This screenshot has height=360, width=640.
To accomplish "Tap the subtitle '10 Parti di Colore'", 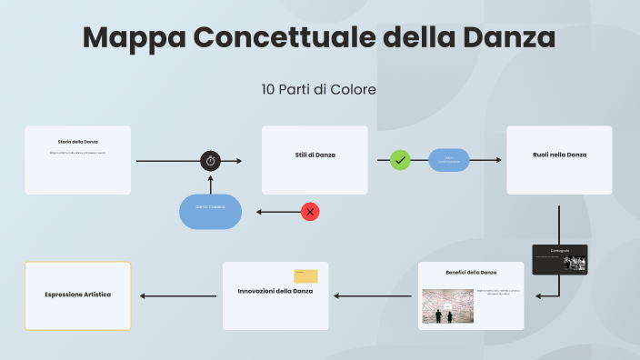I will click(x=318, y=89).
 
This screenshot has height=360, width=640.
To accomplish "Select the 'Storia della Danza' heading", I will click(x=77, y=142).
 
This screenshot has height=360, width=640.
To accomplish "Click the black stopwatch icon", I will click(x=211, y=161).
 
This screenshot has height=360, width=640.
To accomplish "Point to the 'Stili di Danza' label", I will click(x=315, y=155).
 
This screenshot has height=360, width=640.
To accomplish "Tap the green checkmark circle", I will click(x=400, y=160).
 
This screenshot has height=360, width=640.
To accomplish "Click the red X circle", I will click(x=310, y=212).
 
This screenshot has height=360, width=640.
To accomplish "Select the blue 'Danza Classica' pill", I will click(x=210, y=211).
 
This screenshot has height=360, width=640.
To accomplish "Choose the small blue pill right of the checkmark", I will click(x=449, y=160).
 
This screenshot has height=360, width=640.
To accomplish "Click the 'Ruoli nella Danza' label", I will click(x=559, y=155).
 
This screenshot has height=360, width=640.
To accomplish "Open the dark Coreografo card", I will click(x=558, y=258).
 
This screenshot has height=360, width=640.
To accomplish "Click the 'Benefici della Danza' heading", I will click(x=471, y=272).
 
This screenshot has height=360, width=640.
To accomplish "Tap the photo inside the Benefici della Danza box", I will click(x=445, y=306).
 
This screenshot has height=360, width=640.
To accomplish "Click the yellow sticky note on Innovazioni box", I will click(x=305, y=276).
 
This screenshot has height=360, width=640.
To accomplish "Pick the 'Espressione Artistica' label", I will click(x=77, y=295).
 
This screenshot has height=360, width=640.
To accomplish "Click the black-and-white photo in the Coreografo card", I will click(x=575, y=262).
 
